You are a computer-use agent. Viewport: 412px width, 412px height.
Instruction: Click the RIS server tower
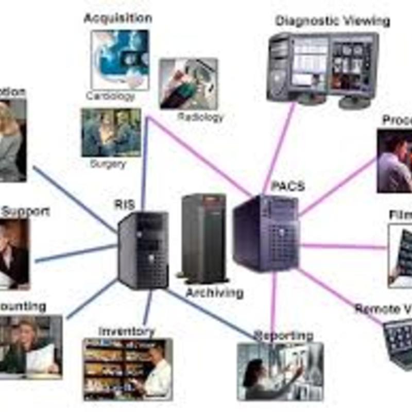coord(143,250)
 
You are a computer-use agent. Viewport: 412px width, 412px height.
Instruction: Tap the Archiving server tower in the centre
coord(204,237)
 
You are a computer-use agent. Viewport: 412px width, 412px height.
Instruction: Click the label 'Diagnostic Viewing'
coord(332,21)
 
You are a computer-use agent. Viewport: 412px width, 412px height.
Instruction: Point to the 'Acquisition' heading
coord(118,18)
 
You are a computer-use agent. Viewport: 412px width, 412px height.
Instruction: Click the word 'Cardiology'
coord(111,96)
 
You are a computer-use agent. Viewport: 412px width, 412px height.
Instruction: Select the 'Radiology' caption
coord(201,117)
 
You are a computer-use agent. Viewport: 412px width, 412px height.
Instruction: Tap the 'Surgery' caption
coord(108,164)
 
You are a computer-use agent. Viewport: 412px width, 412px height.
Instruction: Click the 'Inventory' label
coord(126,331)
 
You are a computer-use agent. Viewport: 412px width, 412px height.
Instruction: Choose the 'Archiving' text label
coord(214,293)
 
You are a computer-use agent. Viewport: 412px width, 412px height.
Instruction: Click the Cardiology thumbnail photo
coord(120,59)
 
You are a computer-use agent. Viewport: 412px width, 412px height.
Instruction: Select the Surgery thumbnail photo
coord(111,132)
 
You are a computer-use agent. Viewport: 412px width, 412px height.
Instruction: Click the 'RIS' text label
coord(124,204)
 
